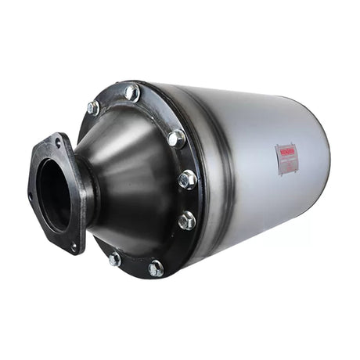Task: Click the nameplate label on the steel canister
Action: (288, 159)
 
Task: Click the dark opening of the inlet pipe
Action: (53, 196)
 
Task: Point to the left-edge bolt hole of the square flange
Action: (31, 195)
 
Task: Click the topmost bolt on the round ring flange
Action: (131, 92)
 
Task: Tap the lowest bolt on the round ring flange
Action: (157, 268)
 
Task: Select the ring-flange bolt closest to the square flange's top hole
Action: (93, 108)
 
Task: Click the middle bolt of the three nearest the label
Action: (187, 179)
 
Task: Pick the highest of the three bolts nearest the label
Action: (177, 139)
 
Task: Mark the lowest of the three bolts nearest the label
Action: (186, 221)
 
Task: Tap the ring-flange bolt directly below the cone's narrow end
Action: (115, 258)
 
